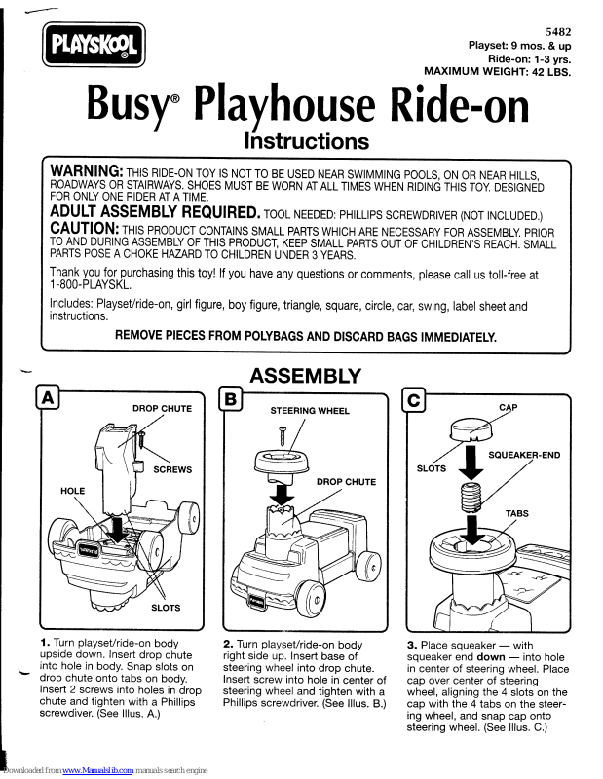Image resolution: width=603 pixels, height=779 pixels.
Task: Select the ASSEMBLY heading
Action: pyautogui.click(x=305, y=375)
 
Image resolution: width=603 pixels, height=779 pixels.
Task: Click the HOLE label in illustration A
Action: pyautogui.click(x=73, y=490)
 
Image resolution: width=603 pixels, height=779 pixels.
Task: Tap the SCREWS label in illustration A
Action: pyautogui.click(x=173, y=469)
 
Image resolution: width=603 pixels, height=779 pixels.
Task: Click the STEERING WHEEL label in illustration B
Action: pyautogui.click(x=310, y=411)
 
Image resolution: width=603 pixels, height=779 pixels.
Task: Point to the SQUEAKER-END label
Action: pyautogui.click(x=524, y=455)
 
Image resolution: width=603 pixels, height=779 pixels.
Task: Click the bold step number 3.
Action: pyautogui.click(x=412, y=645)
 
